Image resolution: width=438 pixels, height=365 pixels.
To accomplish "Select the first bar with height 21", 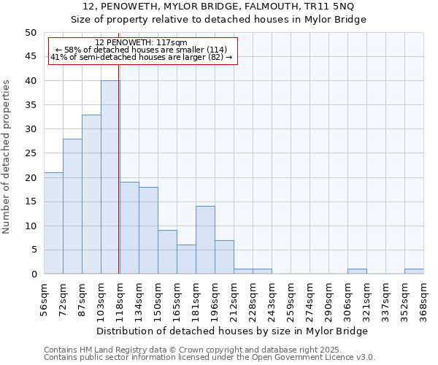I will click(53, 223).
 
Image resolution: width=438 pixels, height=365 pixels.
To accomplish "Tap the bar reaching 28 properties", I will click(72, 207).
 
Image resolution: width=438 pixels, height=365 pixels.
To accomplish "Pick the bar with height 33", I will click(91, 194).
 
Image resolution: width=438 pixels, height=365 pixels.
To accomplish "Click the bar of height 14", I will click(205, 240).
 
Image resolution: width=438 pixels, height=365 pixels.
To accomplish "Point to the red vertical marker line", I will click(119, 182).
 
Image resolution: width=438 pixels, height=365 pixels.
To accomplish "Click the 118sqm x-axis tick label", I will click(120, 296).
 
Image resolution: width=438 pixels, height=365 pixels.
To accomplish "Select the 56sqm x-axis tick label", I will click(44, 296).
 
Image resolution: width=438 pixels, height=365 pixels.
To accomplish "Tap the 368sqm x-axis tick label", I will click(423, 296).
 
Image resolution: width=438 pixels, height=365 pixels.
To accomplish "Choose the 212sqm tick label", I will click(234, 296).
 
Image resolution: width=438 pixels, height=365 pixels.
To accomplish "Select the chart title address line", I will click(219, 7).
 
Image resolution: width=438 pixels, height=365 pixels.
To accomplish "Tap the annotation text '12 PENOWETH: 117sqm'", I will click(142, 43).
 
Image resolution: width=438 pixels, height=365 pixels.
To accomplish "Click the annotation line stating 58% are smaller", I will click(142, 50).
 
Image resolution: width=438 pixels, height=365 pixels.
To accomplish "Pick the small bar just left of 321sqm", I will click(357, 272).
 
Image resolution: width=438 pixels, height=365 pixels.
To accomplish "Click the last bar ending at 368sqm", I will click(414, 272).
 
